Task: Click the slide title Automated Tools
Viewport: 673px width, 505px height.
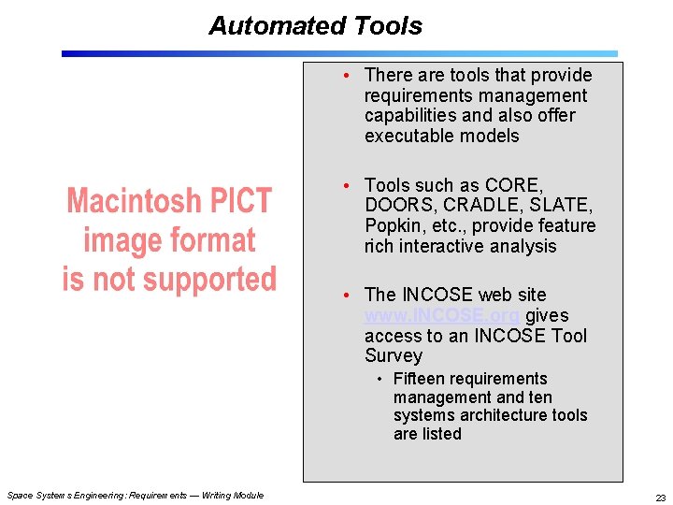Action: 315,26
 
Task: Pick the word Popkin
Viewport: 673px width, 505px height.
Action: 393,226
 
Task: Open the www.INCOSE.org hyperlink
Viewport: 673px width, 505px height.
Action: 442,315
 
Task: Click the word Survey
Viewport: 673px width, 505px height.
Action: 394,356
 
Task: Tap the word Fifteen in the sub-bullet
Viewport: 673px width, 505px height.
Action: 422,379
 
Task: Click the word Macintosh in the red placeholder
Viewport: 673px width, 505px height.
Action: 132,202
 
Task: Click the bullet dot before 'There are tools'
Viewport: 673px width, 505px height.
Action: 347,75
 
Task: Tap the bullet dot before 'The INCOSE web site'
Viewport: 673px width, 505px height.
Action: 347,296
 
